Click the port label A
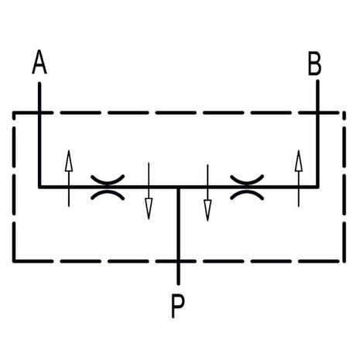(x=39, y=62)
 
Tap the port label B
(x=315, y=63)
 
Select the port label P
(x=178, y=307)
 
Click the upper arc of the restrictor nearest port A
(x=108, y=180)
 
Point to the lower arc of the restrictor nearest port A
(x=108, y=194)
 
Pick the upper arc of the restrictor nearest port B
(x=247, y=180)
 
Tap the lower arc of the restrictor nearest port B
(x=247, y=194)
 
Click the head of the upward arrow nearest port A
(x=69, y=161)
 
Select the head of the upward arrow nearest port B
(x=299, y=161)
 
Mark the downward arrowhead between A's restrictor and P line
(x=149, y=209)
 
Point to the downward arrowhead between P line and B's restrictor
(x=207, y=211)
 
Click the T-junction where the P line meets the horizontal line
(x=178, y=187)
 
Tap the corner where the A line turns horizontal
(x=39, y=187)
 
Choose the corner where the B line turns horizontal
(x=317, y=187)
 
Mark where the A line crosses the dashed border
(x=39, y=113)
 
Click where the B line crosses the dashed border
(x=317, y=113)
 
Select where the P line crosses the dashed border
(x=178, y=261)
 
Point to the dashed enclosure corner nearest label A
(x=14, y=113)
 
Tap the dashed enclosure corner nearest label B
(x=344, y=113)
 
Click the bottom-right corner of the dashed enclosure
(x=344, y=261)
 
